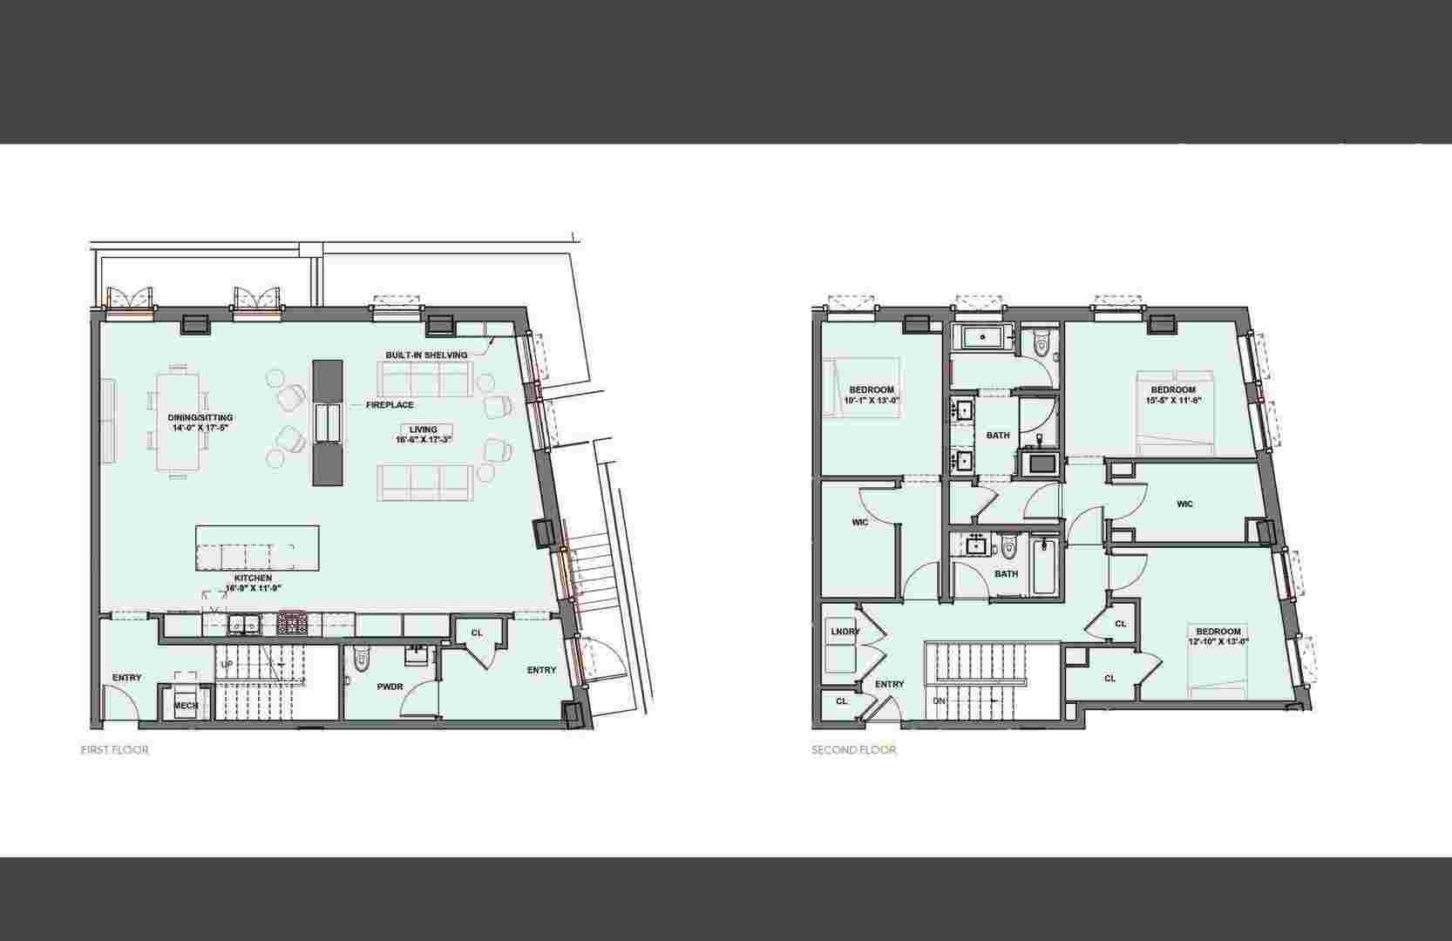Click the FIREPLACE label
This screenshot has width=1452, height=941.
click(390, 405)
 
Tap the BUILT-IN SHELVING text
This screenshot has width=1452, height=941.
click(426, 355)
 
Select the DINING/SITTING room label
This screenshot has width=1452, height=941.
click(200, 423)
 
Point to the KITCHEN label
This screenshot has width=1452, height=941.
click(253, 583)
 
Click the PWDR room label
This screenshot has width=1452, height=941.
click(390, 687)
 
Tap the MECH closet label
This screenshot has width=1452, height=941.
click(186, 706)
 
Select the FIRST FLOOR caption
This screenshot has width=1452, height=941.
click(114, 750)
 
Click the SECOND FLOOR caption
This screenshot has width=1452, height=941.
click(853, 750)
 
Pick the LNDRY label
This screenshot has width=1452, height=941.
click(845, 632)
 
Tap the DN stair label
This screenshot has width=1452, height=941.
click(939, 701)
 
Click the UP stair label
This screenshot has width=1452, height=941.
click(227, 664)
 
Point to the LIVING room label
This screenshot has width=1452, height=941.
click(424, 435)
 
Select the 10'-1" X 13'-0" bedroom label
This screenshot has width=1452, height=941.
click(872, 395)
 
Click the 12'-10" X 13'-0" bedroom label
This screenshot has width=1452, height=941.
click(1218, 637)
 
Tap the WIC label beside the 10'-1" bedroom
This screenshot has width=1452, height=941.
click(859, 522)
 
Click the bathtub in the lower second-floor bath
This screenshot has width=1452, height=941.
click(1043, 566)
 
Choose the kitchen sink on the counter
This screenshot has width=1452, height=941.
click(243, 624)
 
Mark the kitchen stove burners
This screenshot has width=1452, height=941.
click(289, 624)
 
